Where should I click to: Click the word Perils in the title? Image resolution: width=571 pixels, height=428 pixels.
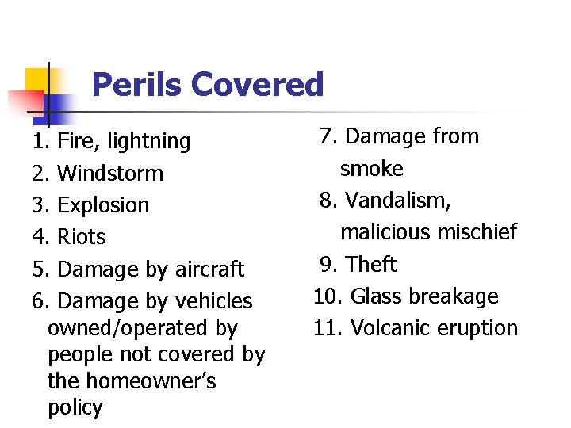136,84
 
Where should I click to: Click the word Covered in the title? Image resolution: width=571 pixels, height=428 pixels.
257,84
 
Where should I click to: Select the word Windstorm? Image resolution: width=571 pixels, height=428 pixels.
110,174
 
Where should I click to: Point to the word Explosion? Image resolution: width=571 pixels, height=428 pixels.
103,205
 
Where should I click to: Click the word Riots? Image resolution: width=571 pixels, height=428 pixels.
82,237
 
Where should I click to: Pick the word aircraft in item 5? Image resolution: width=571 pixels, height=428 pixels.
208,269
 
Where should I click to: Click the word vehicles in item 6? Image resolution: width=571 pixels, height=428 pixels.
212,301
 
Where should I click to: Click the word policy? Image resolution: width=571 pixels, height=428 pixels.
75,408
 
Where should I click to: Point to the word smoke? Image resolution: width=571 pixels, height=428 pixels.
371,169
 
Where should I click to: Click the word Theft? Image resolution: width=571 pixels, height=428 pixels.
371,264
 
